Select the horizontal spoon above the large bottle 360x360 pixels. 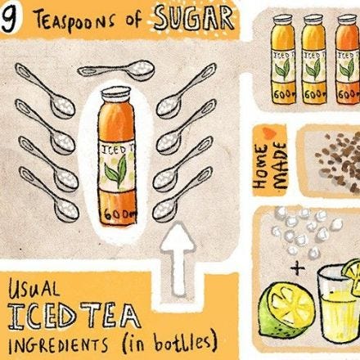coord(116,70)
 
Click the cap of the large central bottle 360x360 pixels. coord(115,92)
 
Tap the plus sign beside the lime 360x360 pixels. coord(298,268)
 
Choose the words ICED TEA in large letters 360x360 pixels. coord(74,317)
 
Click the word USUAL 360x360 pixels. coord(34,288)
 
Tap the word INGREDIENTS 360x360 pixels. coord(58,345)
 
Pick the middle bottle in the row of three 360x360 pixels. coord(314,59)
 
